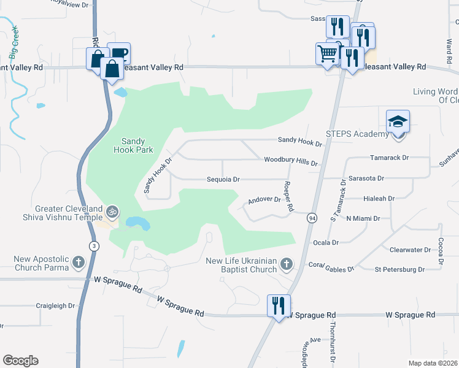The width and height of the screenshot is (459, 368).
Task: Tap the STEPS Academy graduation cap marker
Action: click(x=398, y=122)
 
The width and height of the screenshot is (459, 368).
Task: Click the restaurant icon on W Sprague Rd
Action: click(x=279, y=305)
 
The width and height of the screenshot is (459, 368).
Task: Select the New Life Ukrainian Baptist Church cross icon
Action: click(x=286, y=264)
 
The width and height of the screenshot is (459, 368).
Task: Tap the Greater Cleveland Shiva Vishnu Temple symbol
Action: click(x=112, y=212)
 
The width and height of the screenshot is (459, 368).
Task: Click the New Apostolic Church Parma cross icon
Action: click(x=78, y=263)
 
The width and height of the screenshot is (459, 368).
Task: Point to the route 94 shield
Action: click(x=312, y=218)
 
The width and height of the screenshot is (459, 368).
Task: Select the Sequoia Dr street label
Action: click(x=223, y=180)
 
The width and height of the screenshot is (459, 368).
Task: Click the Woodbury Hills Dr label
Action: click(x=291, y=161)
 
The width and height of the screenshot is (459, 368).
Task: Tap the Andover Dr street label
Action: click(x=264, y=200)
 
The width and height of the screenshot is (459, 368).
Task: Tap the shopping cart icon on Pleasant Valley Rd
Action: click(x=327, y=53)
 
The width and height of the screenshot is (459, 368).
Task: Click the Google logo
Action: click(x=20, y=361)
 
